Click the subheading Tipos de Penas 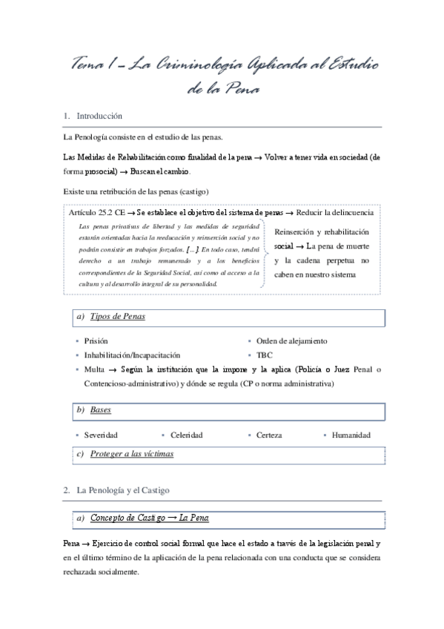click(117, 317)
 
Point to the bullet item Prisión click(96, 341)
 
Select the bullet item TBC click(265, 355)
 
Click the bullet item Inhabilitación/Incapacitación click(132, 355)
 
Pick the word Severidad click(101, 435)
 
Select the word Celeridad click(186, 435)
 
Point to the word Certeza click(269, 435)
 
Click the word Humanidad click(351, 435)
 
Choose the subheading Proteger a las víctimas click(132, 453)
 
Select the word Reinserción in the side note click(296, 231)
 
